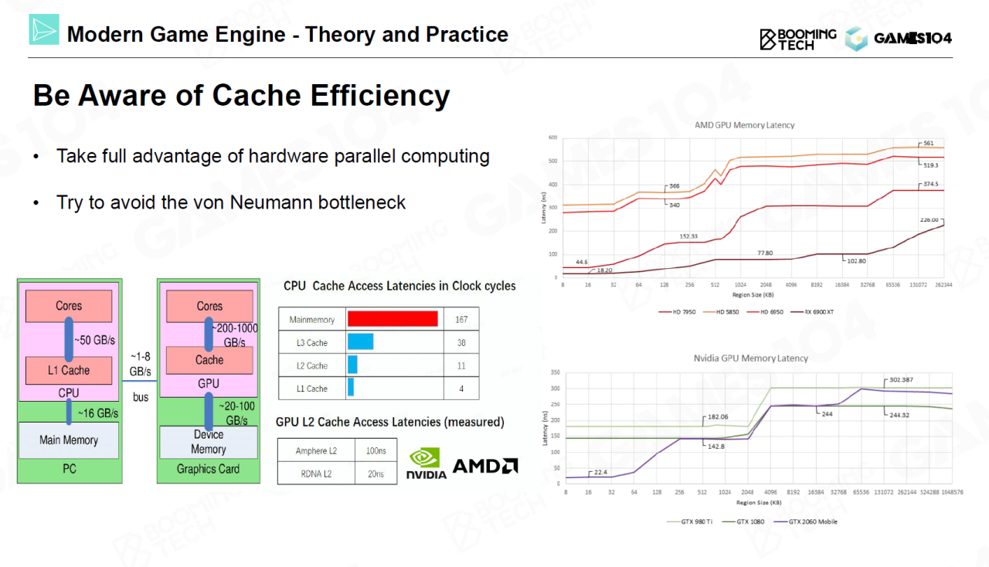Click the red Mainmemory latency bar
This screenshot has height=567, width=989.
pyautogui.click(x=393, y=319)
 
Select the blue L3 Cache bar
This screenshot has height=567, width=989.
pyautogui.click(x=360, y=342)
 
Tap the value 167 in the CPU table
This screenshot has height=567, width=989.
pyautogui.click(x=461, y=319)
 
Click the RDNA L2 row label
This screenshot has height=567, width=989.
pyautogui.click(x=317, y=474)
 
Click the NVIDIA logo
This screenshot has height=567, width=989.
pyautogui.click(x=426, y=463)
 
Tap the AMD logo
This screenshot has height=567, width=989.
pyautogui.click(x=484, y=466)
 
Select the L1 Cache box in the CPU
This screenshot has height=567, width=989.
pyautogui.click(x=69, y=370)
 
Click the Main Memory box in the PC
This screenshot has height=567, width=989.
pyautogui.click(x=69, y=440)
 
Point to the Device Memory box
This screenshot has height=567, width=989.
pyautogui.click(x=208, y=442)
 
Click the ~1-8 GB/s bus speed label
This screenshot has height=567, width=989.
pyautogui.click(x=140, y=364)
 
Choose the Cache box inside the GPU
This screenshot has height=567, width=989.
pyautogui.click(x=209, y=360)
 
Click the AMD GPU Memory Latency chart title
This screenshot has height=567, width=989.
pyautogui.click(x=744, y=125)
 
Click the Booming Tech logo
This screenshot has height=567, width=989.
pyautogui.click(x=798, y=39)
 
